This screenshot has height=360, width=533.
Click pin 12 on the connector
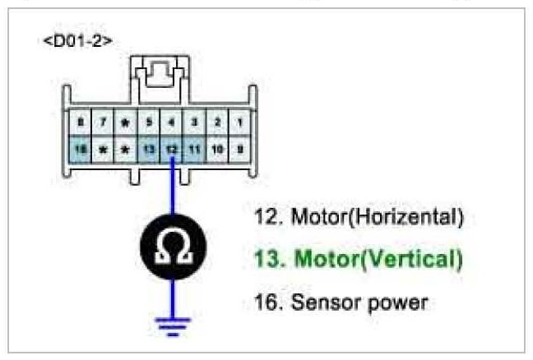click(171, 150)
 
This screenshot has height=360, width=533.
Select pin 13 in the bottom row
click(147, 150)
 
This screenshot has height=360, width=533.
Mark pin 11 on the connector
click(194, 150)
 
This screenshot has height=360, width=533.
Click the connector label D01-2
click(77, 40)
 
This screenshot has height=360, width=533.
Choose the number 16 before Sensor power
click(266, 302)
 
